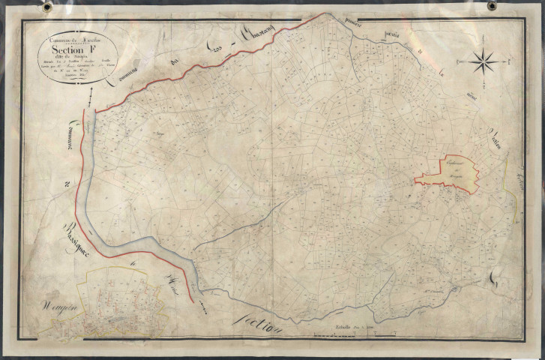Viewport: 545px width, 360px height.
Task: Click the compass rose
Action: click(x=484, y=61)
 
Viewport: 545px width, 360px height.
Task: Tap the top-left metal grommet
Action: click(x=47, y=7)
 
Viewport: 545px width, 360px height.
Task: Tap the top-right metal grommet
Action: click(x=493, y=6)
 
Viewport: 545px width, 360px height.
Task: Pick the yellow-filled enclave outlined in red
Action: click(x=448, y=174)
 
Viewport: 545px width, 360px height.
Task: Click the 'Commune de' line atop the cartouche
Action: click(x=73, y=39)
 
